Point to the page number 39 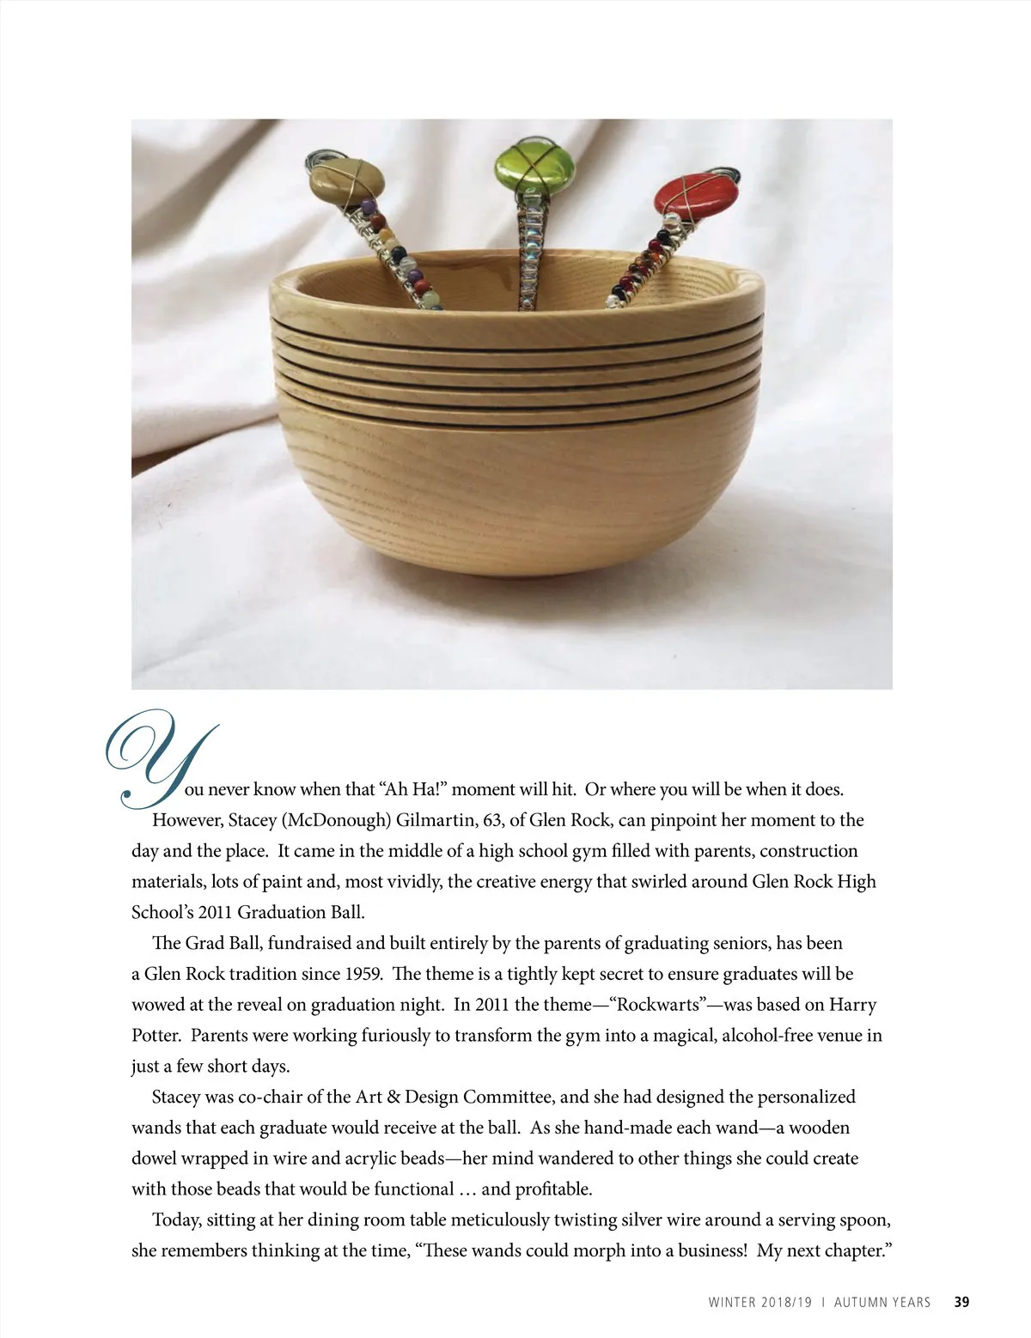[x=961, y=1302]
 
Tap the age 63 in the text [x=492, y=820]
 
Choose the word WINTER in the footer [x=733, y=1302]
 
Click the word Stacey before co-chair [x=178, y=1097]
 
